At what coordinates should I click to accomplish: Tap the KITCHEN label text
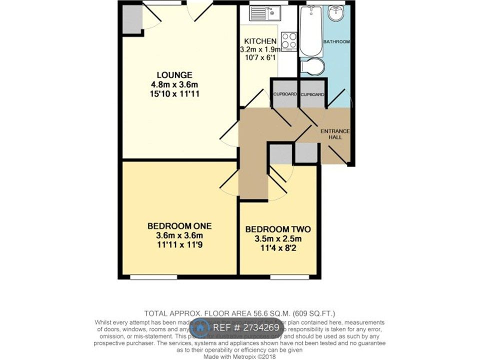[x=260, y=41]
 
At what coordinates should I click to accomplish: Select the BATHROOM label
[x=335, y=41]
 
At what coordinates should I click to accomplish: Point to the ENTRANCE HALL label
[x=335, y=133]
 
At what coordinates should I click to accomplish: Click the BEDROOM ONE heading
[x=173, y=226]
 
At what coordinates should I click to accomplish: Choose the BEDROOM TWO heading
[x=278, y=229]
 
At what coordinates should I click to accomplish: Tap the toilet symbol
[x=313, y=66]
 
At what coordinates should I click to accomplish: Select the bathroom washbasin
[x=338, y=11]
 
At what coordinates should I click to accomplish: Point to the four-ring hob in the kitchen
[x=288, y=40]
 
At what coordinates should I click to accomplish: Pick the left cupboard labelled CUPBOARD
[x=285, y=94]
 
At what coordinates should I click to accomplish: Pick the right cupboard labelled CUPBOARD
[x=313, y=94]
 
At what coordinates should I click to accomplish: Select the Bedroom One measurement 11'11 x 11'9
[x=173, y=244]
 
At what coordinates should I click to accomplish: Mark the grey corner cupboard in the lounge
[x=132, y=19]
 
